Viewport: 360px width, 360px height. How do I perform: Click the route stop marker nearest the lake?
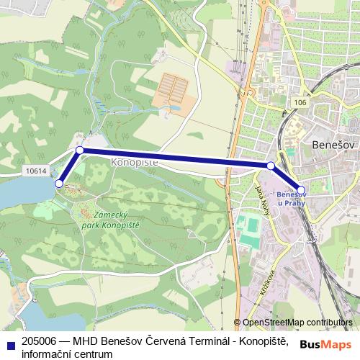coord(58,184)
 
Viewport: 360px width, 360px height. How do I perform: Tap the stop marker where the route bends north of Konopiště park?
coord(80,150)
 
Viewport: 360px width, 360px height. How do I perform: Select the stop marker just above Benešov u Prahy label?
coord(301,190)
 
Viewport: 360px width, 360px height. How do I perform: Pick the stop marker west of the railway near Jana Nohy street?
coord(271,166)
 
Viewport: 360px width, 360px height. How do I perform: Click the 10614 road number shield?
coord(35,171)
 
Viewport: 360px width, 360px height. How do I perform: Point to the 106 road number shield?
coord(300,104)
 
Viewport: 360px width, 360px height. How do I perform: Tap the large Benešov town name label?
coord(334,145)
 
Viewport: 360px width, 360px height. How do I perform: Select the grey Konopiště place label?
coord(135,163)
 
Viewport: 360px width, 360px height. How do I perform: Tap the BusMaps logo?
coord(325,344)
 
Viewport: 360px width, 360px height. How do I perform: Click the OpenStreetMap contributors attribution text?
coord(297,323)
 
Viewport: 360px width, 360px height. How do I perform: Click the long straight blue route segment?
coord(173,158)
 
